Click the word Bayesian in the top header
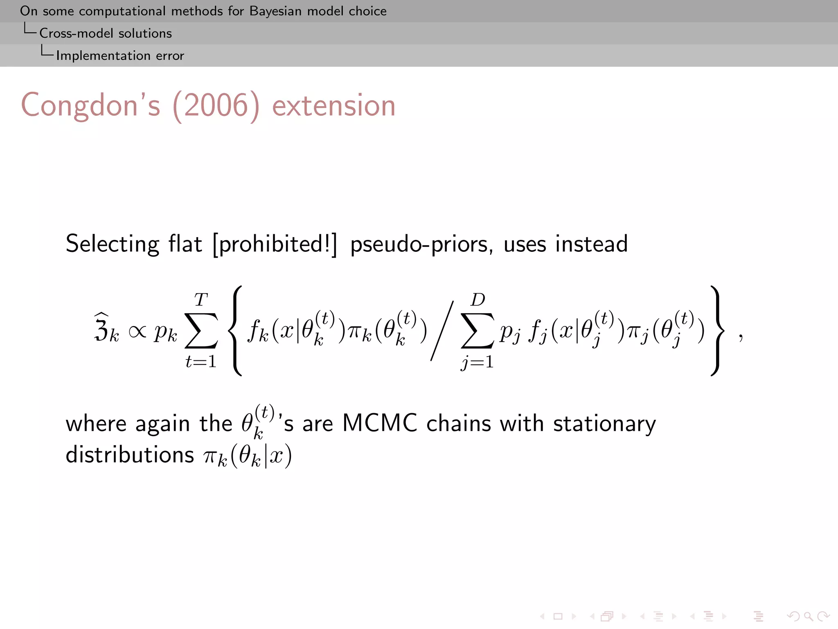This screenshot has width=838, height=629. point(276,11)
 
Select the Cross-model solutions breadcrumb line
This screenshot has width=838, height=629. point(105,33)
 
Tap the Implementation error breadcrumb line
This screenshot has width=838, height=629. point(120,56)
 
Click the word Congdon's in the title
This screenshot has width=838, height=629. point(90,106)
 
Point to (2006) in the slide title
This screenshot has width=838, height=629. point(216,106)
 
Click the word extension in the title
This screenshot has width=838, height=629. point(333,106)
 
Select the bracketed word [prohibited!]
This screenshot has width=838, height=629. point(275,244)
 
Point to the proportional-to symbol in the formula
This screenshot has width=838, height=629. point(137,331)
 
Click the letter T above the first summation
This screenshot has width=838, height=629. point(200,300)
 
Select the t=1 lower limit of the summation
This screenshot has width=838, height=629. point(200,361)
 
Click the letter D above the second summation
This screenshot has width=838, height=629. point(478,300)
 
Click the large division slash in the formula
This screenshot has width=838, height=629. point(442,331)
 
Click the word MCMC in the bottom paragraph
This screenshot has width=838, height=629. point(379,423)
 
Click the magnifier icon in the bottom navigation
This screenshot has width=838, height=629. point(808,616)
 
